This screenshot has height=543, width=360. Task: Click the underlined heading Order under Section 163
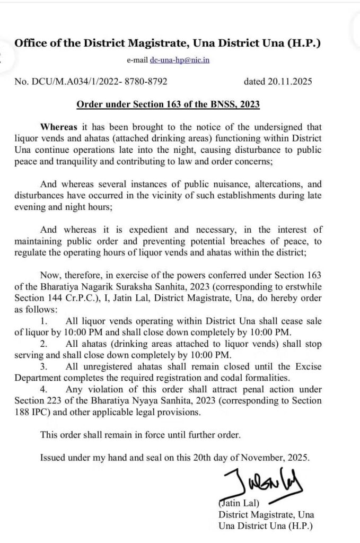click(168, 104)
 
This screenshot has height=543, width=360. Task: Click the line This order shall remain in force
click(140, 434)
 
